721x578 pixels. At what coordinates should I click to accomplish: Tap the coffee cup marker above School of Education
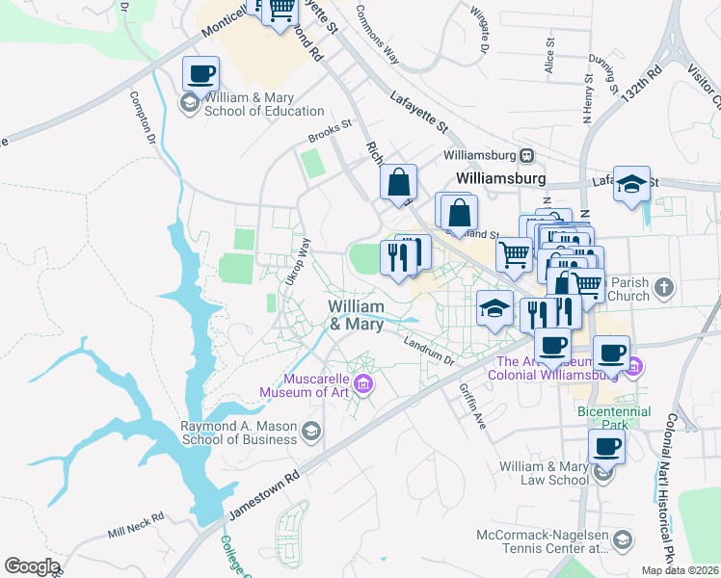coord(200,73)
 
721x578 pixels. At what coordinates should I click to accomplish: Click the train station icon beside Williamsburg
coord(526,155)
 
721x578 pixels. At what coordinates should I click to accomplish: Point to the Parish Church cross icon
coord(663,288)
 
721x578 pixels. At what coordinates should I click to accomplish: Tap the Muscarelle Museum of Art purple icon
coord(363,386)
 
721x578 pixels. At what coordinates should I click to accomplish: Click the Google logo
coord(32,566)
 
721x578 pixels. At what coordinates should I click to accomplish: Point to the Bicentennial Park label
coord(617,417)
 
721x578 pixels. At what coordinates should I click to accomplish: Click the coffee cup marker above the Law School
coord(606,446)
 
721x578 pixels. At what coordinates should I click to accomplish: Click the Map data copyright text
coord(681,570)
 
